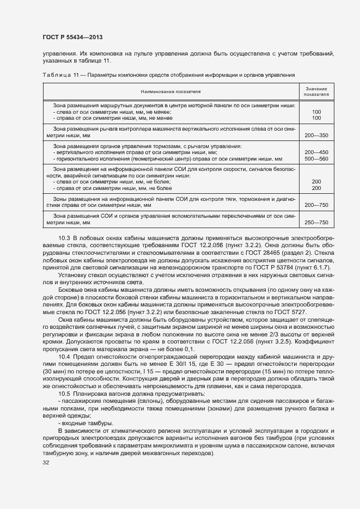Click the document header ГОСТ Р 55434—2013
coord(72,37)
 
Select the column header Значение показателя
coord(316,91)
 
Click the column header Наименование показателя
coord(170,91)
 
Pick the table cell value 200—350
coord(316,134)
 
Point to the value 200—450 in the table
coord(316,152)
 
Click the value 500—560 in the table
coord(316,158)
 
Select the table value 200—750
coord(316,206)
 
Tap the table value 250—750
coord(316,223)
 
